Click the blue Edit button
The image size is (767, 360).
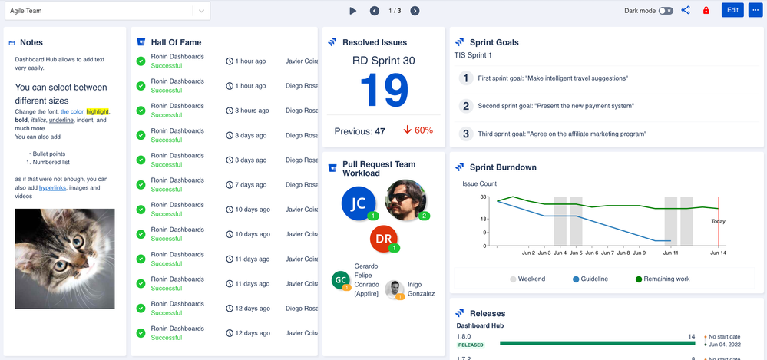732,11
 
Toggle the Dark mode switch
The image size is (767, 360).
666,11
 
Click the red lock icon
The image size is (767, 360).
706,11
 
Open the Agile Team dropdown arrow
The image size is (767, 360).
201,11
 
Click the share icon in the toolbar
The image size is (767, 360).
686,11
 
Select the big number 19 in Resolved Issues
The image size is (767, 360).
383,91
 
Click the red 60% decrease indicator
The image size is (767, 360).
418,130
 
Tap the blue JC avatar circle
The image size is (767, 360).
358,203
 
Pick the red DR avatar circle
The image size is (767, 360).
384,239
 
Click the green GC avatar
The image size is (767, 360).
341,280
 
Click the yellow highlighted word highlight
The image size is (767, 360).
98,112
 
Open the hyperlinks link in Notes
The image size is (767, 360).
52,188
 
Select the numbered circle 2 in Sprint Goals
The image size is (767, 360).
465,106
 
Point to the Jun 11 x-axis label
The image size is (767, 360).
671,253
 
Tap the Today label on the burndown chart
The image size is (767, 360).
718,221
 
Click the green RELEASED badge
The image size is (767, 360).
471,345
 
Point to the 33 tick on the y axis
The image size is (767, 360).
483,197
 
